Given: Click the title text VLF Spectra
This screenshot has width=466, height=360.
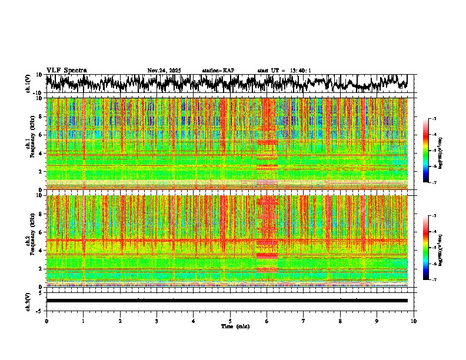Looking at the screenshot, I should (66, 70).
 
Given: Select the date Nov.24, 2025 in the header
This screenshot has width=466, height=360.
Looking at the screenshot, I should (164, 71).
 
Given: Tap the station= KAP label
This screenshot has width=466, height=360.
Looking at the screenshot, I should (218, 71).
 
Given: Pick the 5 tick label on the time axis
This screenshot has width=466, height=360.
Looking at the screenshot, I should (230, 321).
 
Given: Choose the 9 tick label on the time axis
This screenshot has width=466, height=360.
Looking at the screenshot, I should (377, 321).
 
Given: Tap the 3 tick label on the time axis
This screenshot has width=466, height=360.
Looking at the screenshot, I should (157, 321).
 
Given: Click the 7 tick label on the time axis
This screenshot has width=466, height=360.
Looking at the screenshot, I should (304, 321).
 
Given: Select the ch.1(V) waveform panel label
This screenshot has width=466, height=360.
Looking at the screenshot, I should (28, 84).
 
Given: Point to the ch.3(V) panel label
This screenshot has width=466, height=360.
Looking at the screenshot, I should (28, 301).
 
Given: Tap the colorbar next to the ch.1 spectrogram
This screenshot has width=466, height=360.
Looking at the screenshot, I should (426, 151).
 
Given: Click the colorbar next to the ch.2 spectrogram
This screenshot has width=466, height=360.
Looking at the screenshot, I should (426, 248).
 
